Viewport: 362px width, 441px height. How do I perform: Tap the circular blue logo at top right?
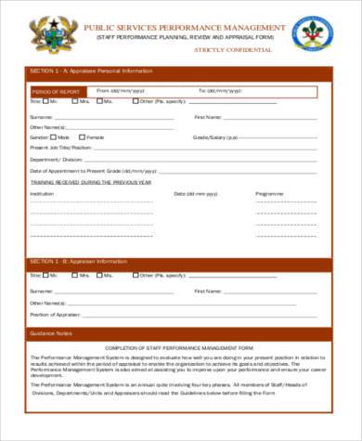point(311,33)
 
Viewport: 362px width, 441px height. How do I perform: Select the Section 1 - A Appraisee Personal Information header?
point(91,71)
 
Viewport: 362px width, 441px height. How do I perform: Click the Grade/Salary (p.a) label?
point(215,136)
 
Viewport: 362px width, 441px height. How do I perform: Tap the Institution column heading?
point(42,193)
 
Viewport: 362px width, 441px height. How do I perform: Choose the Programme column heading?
point(269,193)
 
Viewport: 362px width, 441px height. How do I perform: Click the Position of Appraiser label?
point(55,315)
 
